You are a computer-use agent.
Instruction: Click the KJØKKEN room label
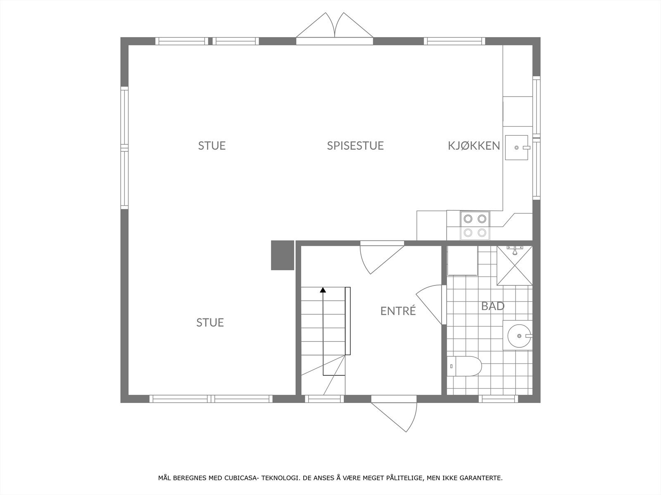click(x=473, y=146)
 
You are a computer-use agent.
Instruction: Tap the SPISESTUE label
click(x=355, y=146)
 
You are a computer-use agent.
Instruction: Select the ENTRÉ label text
click(x=398, y=311)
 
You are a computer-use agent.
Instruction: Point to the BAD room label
click(x=492, y=306)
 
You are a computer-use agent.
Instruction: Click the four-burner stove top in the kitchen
click(x=475, y=225)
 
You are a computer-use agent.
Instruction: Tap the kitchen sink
click(x=517, y=147)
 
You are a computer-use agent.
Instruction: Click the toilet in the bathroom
click(x=465, y=365)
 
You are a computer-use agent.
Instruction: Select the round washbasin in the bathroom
click(x=519, y=335)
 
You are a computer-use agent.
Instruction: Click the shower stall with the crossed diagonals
click(x=514, y=265)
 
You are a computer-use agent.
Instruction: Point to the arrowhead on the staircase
click(x=323, y=290)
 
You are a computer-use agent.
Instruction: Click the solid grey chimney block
click(x=282, y=255)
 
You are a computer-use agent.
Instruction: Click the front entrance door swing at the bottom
click(x=395, y=415)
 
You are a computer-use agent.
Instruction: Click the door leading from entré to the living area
click(x=380, y=258)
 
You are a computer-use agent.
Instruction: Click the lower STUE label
click(x=210, y=323)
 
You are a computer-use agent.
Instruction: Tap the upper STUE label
click(x=212, y=146)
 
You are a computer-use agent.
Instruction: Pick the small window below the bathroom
click(x=498, y=399)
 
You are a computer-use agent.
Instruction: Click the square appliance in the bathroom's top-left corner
click(x=463, y=261)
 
